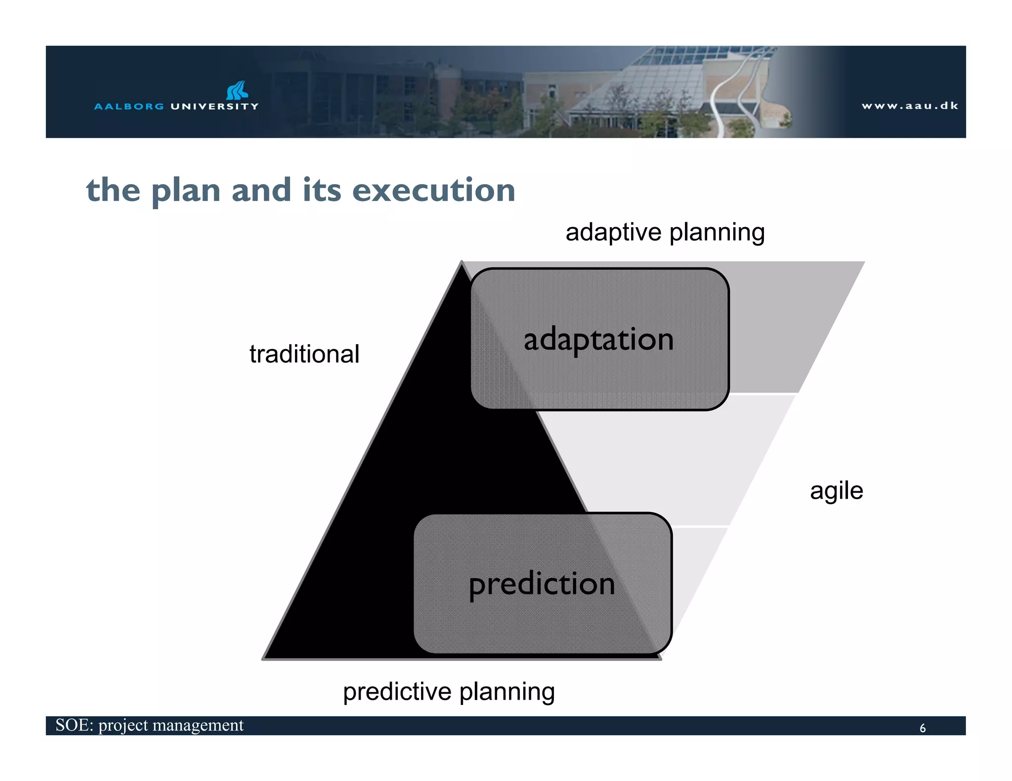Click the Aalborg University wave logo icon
coord(237,90)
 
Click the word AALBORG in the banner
coord(129,106)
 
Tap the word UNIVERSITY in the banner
coord(214,106)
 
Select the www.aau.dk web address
coord(910,106)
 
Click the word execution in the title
coord(433,190)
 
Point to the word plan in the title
coord(185,191)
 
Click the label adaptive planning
coord(665,232)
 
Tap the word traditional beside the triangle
coord(304,354)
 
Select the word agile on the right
coord(836,491)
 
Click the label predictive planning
coord(449,691)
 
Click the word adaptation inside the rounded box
coord(598,340)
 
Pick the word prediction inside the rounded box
coord(542,584)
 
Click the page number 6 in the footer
coord(922,728)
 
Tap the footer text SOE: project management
coord(149,725)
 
